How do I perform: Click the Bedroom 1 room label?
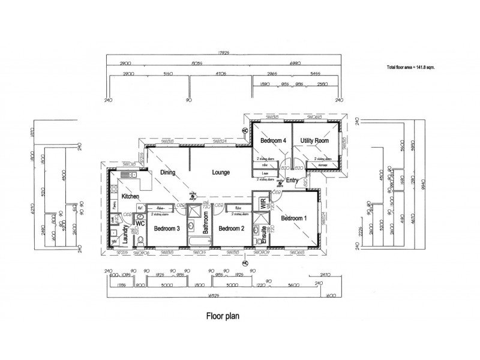(294, 218)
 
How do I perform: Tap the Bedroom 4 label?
(272, 140)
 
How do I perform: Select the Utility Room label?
(315, 140)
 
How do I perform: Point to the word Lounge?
(221, 173)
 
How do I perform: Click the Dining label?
(167, 173)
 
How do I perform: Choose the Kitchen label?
(130, 196)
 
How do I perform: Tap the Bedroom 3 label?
(167, 229)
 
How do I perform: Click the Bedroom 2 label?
(230, 229)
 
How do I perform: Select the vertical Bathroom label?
(205, 222)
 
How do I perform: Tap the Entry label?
(292, 180)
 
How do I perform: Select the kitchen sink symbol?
(127, 175)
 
